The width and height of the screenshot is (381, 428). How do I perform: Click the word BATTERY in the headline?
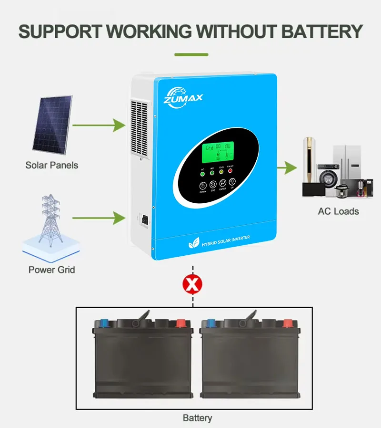pos(321,31)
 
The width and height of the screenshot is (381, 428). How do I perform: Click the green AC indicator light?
pos(202,174)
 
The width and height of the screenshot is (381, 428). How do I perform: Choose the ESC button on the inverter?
pos(213,184)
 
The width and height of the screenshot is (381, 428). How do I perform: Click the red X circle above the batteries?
pos(192,285)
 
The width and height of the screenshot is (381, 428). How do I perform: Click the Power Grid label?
pos(51,270)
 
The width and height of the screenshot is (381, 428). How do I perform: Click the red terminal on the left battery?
pos(181,323)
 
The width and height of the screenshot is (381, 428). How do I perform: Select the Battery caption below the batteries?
pos(197,418)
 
